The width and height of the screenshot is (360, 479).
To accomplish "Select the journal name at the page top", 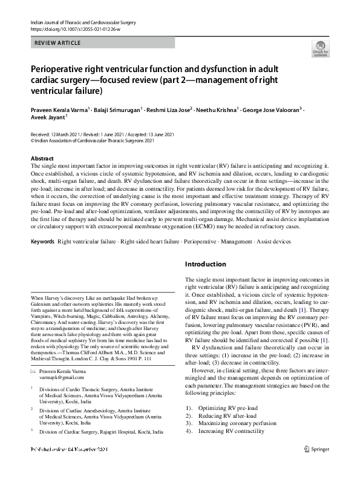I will click(x=82, y=22).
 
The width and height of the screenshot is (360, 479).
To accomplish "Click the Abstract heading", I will click(x=42, y=157).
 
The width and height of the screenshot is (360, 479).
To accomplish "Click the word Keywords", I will click(x=42, y=242).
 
